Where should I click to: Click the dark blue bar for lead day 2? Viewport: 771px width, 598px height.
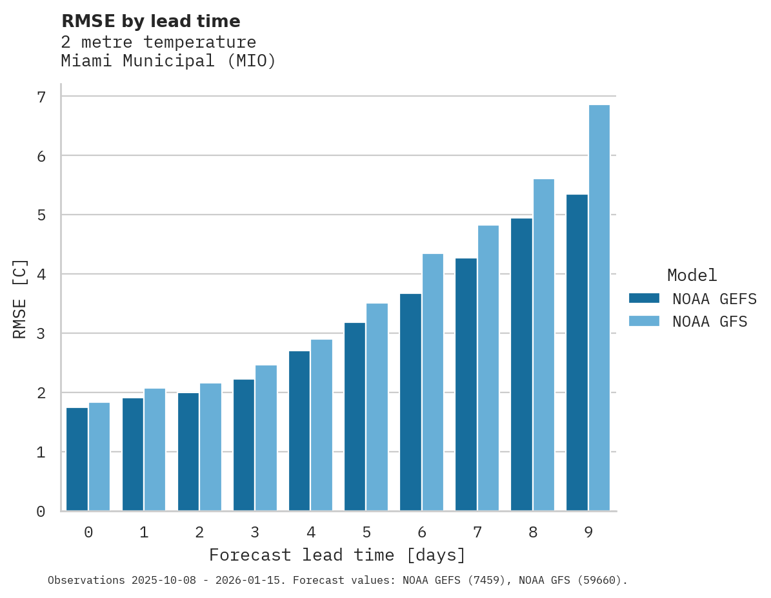(188, 451)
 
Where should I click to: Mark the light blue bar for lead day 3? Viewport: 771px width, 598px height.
(266, 438)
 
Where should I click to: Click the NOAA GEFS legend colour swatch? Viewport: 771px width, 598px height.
(644, 298)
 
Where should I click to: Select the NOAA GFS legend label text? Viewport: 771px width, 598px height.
(710, 322)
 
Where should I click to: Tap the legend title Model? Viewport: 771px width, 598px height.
(692, 275)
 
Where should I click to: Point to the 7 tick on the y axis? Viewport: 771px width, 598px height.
(41, 97)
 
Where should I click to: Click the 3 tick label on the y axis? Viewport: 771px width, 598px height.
(41, 334)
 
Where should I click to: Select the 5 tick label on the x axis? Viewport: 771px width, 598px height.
(366, 532)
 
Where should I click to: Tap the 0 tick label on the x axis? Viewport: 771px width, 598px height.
(88, 532)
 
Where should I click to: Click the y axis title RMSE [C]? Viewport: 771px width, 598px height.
(20, 298)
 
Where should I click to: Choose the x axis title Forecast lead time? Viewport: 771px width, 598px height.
(337, 555)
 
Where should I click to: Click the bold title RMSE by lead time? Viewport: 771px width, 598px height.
(150, 21)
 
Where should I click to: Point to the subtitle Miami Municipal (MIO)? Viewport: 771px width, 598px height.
(168, 61)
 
